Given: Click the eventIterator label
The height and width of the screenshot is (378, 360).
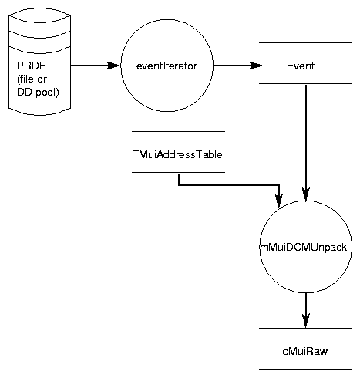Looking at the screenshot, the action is [167, 66].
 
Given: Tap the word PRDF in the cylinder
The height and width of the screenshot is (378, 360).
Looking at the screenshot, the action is [32, 66].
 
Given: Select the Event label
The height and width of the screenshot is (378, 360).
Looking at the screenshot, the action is [301, 66].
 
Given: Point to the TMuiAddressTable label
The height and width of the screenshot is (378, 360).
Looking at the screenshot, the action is [177, 154].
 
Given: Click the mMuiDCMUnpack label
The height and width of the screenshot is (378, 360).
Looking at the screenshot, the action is [304, 247].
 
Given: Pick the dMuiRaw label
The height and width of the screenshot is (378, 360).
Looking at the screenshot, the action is [305, 351].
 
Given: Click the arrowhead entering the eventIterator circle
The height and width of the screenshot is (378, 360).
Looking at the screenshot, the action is [113, 66].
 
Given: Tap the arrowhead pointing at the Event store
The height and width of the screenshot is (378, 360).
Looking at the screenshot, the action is [256, 66].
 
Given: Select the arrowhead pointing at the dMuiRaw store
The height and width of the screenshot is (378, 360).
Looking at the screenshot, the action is [306, 320].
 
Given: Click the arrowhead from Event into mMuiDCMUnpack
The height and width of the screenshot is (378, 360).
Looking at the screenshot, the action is [306, 194].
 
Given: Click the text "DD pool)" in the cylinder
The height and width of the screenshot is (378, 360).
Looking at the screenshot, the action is [38, 93].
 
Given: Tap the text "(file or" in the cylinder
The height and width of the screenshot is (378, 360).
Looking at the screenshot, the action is [32, 79].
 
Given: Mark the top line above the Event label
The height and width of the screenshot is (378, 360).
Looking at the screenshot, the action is [305, 42].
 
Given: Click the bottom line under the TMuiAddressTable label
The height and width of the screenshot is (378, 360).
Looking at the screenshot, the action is [178, 172].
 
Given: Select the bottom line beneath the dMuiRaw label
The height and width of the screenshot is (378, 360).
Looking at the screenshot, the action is [305, 370].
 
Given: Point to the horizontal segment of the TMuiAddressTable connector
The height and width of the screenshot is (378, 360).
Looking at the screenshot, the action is [229, 184].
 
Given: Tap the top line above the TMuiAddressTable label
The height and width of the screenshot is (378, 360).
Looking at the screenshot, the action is [178, 131].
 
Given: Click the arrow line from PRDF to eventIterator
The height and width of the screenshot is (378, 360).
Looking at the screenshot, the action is [96, 66].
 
